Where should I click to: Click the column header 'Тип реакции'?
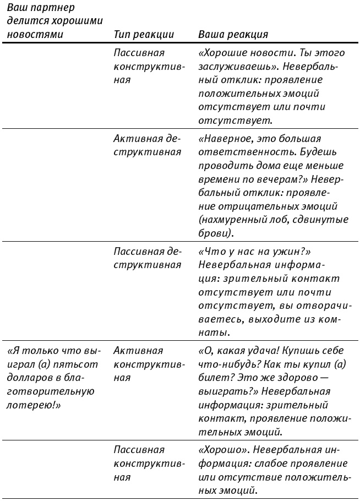pos(144,35)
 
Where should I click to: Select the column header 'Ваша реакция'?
pos(233,35)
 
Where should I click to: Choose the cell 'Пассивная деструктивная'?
pos(147,258)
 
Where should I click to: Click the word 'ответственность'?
pos(237,152)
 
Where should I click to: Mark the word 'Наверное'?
pos(226,139)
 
